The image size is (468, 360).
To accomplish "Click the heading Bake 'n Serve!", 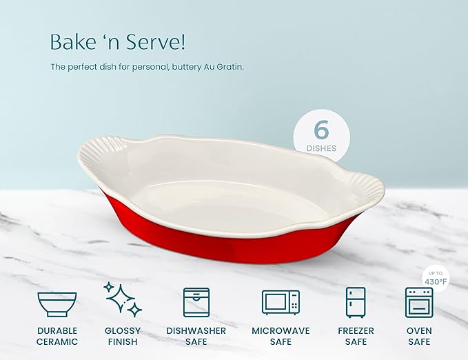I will pos(117,42).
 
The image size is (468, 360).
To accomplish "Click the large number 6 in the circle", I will pos(321,129).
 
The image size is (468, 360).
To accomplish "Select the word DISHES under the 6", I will pos(321,148).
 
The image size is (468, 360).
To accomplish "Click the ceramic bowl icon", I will pos(57,303).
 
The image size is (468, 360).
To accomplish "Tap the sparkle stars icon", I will pos(123,299).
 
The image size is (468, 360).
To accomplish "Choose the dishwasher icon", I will pos(196,303).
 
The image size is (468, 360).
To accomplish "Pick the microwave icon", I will pos(281,302).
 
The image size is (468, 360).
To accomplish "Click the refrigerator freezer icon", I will pos(355,302).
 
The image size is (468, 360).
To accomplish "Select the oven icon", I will pos(418,303).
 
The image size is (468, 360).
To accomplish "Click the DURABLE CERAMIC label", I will pos(57,337).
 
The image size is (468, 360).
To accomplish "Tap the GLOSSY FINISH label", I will pos(123,337).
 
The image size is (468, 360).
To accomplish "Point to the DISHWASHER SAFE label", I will pos(196,337).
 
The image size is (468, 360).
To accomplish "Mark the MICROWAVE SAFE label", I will pos(281,337).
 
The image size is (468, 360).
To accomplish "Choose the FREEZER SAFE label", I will pos(355,337).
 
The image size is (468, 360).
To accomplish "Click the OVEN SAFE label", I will pos(418,337).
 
